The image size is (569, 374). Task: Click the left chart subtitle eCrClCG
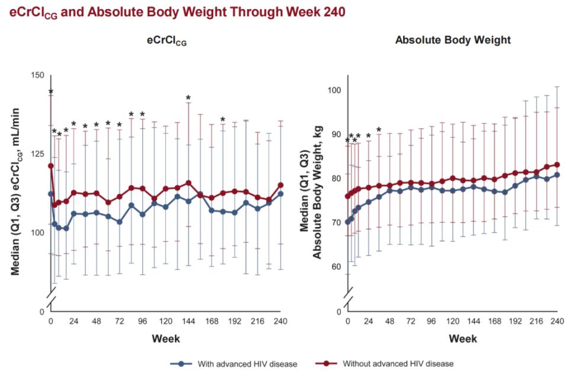click(167, 41)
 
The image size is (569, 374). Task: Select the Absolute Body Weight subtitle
click(453, 40)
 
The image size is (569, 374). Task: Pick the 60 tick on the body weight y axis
click(335, 266)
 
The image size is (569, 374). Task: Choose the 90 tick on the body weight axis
click(335, 134)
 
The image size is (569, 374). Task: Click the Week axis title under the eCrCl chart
click(167, 339)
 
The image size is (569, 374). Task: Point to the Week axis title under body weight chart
click(453, 339)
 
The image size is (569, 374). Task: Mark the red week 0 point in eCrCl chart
click(51, 166)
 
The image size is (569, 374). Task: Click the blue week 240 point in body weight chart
click(557, 175)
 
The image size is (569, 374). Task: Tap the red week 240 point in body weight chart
click(557, 165)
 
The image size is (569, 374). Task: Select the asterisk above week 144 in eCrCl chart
click(188, 98)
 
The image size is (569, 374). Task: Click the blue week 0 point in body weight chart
click(348, 222)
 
